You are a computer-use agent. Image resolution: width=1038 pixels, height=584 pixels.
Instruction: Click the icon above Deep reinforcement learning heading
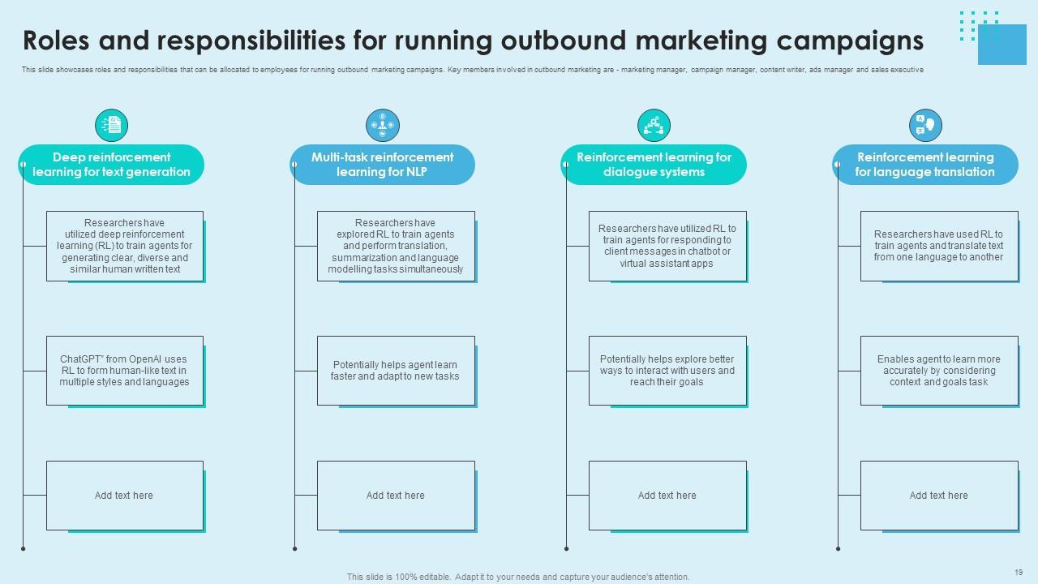(112, 125)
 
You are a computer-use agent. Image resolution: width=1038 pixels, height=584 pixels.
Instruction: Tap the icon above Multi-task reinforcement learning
(383, 125)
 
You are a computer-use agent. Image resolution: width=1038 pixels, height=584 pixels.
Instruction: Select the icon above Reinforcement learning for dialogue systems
(654, 125)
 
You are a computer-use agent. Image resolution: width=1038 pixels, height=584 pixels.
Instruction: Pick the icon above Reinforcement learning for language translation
(925, 125)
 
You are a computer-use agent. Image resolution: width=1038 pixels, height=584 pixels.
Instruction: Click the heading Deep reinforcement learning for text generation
(111, 165)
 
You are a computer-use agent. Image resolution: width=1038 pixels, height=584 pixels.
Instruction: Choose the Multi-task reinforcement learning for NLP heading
(383, 165)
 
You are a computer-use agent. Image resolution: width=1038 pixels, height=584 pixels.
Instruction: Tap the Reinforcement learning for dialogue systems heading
(654, 165)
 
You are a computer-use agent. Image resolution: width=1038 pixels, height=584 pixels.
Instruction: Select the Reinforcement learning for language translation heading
(925, 165)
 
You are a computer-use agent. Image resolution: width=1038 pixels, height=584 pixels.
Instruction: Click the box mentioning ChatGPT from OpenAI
(124, 371)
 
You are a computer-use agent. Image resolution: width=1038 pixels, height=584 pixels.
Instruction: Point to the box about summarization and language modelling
(396, 246)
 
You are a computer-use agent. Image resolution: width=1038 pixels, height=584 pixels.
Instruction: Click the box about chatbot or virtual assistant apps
(667, 246)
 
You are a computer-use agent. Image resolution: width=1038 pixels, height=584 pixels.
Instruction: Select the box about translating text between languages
(938, 246)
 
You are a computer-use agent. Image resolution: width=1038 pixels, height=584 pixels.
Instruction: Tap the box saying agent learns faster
(396, 371)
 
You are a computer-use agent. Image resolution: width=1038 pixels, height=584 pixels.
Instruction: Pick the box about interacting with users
(667, 371)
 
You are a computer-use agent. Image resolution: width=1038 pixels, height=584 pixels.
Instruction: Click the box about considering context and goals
(938, 371)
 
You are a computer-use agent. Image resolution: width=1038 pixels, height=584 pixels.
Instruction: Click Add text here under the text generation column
(124, 496)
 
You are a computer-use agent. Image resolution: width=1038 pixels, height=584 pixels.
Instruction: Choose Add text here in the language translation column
(938, 496)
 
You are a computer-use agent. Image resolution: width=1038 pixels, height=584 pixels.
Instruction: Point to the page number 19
(1019, 572)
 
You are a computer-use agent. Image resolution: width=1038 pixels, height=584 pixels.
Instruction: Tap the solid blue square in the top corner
(1002, 44)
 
